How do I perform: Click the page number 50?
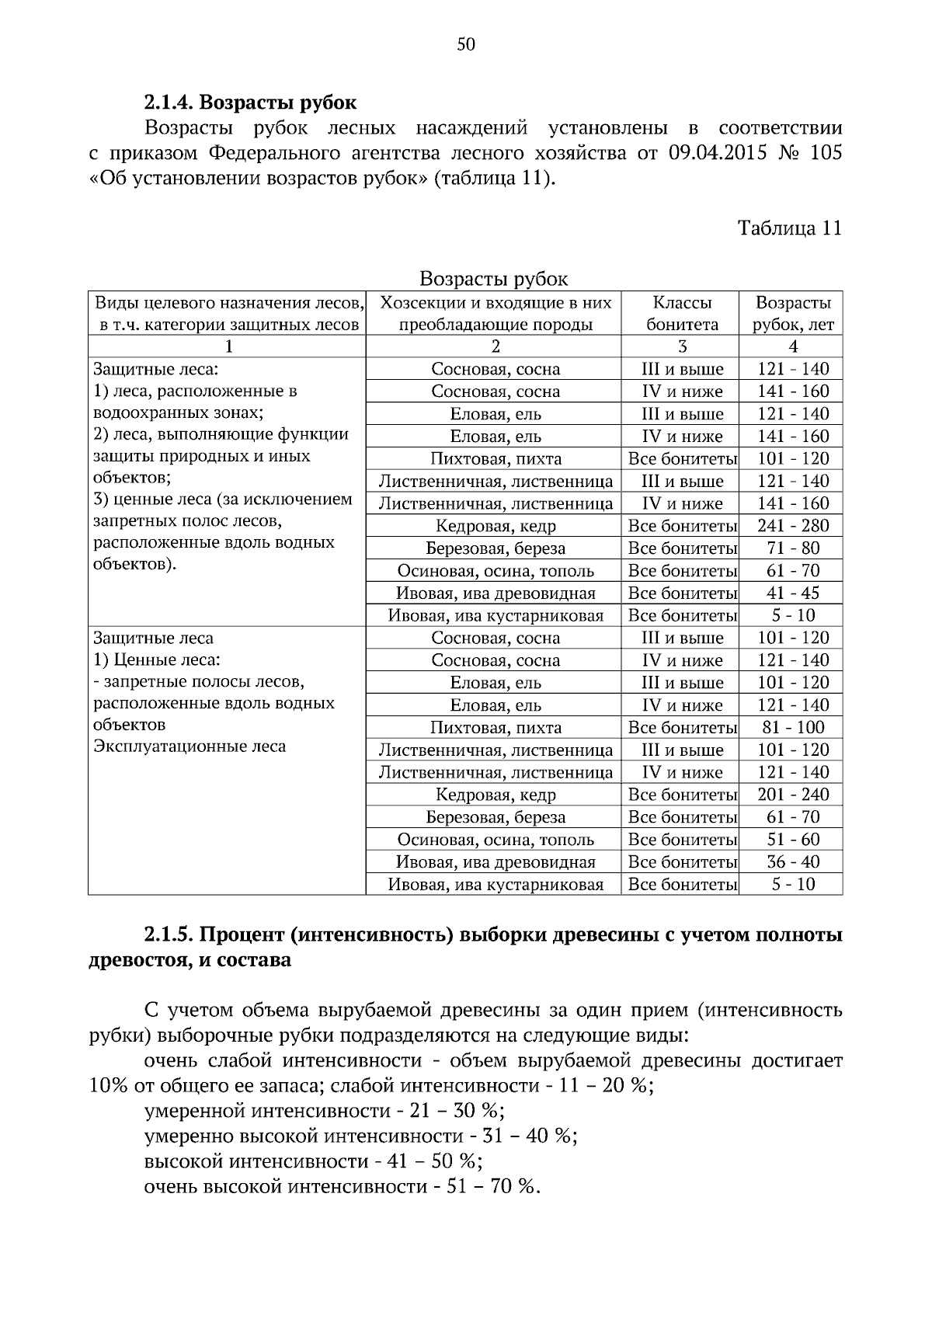[x=466, y=44]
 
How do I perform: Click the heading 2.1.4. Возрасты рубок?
[x=250, y=103]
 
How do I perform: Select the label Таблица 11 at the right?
[x=789, y=228]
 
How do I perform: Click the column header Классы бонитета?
[x=681, y=313]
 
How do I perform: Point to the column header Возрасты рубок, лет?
[x=792, y=313]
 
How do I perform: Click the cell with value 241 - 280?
[x=792, y=526]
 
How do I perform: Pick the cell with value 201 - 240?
[x=792, y=795]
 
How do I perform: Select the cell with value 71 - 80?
[x=792, y=548]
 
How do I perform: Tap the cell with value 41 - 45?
[x=792, y=593]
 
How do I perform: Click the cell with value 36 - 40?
[x=792, y=862]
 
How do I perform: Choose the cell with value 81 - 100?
[x=792, y=728]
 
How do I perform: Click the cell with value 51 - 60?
[x=792, y=840]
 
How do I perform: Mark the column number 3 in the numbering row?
[x=681, y=346]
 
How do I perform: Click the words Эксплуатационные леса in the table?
[x=190, y=747]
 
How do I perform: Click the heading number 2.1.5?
[x=170, y=935]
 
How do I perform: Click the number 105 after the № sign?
[x=825, y=152]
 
